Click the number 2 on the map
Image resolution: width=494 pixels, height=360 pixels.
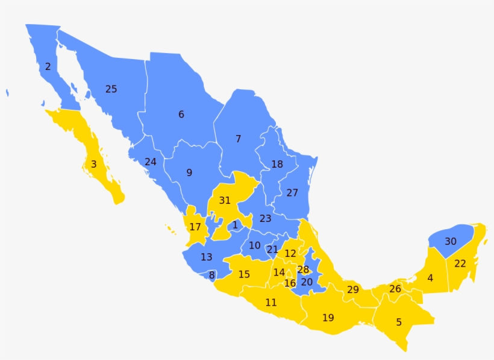pyautogui.click(x=48, y=67)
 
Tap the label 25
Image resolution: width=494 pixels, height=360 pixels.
pyautogui.click(x=111, y=89)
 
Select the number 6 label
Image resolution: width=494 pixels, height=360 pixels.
pyautogui.click(x=181, y=115)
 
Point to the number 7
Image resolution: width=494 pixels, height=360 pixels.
pyautogui.click(x=238, y=139)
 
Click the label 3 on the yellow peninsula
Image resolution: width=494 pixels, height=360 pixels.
pyautogui.click(x=93, y=164)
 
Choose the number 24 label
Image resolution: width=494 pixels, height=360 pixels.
pyautogui.click(x=151, y=162)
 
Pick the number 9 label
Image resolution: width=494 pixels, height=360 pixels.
pyautogui.click(x=189, y=173)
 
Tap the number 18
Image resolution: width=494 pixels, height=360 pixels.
pyautogui.click(x=277, y=165)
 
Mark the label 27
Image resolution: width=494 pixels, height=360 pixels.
pyautogui.click(x=292, y=193)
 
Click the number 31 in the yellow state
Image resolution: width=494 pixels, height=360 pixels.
pyautogui.click(x=225, y=200)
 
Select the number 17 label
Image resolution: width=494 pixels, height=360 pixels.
pyautogui.click(x=195, y=227)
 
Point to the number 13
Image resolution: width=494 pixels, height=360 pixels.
pyautogui.click(x=207, y=257)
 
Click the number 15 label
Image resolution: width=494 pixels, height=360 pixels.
pyautogui.click(x=244, y=274)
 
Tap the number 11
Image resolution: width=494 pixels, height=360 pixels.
pyautogui.click(x=271, y=303)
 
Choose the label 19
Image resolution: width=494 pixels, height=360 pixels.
pyautogui.click(x=328, y=317)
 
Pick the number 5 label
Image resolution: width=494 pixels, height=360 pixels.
pyautogui.click(x=399, y=322)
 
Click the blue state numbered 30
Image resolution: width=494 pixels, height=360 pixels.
pyautogui.click(x=451, y=242)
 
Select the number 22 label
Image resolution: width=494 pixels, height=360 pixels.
pyautogui.click(x=460, y=264)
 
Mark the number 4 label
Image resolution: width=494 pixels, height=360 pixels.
pyautogui.click(x=430, y=279)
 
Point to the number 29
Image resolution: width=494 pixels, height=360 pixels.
pyautogui.click(x=353, y=290)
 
